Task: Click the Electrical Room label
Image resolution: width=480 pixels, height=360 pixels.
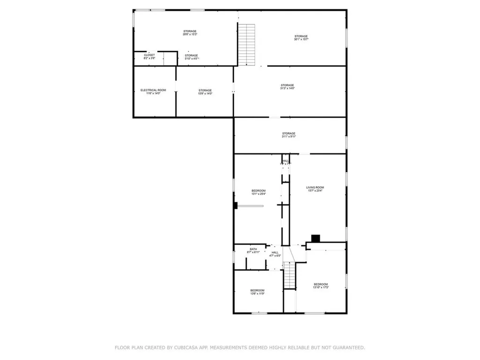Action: (153, 90)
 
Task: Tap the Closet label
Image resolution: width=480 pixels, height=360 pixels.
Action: (150, 55)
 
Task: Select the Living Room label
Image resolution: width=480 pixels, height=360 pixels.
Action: (315, 187)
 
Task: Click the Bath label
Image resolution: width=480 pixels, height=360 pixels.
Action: (253, 249)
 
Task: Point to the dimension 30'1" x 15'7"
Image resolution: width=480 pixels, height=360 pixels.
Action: (301, 39)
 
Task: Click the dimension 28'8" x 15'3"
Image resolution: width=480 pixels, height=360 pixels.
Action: (189, 34)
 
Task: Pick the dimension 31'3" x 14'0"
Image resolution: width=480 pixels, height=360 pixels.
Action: (287, 88)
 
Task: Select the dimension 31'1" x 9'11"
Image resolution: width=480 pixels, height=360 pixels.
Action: (289, 136)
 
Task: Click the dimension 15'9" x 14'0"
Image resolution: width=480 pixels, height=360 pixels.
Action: (205, 93)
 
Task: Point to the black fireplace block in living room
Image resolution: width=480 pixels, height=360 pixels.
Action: (316, 238)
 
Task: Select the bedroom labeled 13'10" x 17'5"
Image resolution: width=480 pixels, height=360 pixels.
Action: (321, 286)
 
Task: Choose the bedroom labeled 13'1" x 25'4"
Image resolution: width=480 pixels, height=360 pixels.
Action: (259, 192)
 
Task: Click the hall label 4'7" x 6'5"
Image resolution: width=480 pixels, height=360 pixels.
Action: (275, 254)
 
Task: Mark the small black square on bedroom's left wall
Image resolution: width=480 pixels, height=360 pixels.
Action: (236, 205)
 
